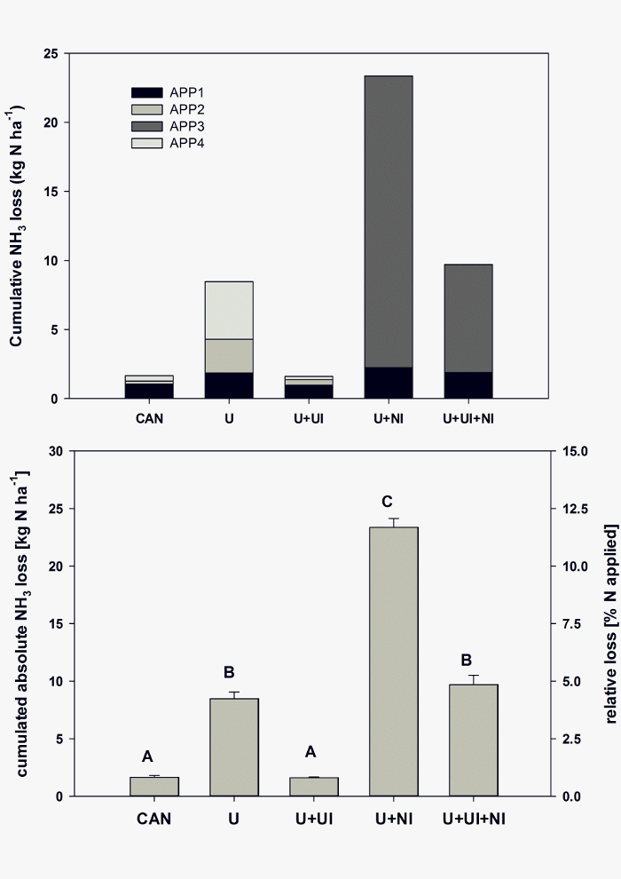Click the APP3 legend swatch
point(146,126)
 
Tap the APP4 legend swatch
point(146,143)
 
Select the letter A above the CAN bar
point(147,756)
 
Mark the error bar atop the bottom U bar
point(233,694)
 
